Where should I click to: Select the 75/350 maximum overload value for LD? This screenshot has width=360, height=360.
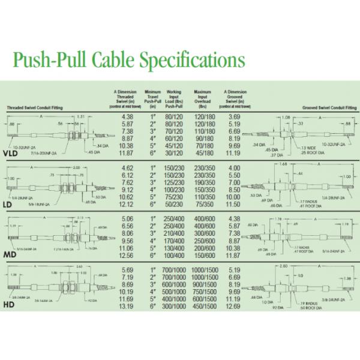point(203,204)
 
